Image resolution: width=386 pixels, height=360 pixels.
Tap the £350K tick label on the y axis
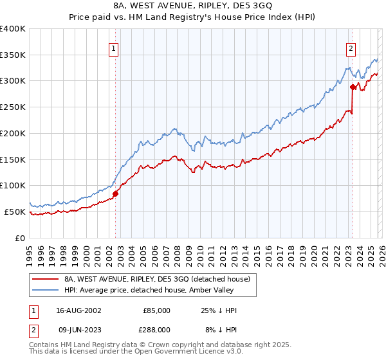coord(13,55)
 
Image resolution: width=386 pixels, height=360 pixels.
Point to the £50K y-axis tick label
coord(15,212)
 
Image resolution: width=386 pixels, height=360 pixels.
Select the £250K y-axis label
coord(13,107)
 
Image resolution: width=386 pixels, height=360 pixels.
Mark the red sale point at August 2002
coord(116,193)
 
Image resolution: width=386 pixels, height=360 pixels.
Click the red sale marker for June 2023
coord(353,87)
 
